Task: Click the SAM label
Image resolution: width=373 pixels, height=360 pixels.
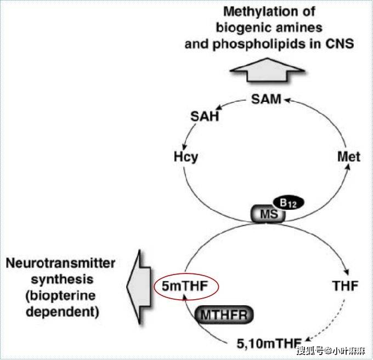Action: coord(267,99)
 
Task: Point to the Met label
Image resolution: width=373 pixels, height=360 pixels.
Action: coord(348,157)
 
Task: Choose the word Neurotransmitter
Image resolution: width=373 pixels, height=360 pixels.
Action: coord(61,264)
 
